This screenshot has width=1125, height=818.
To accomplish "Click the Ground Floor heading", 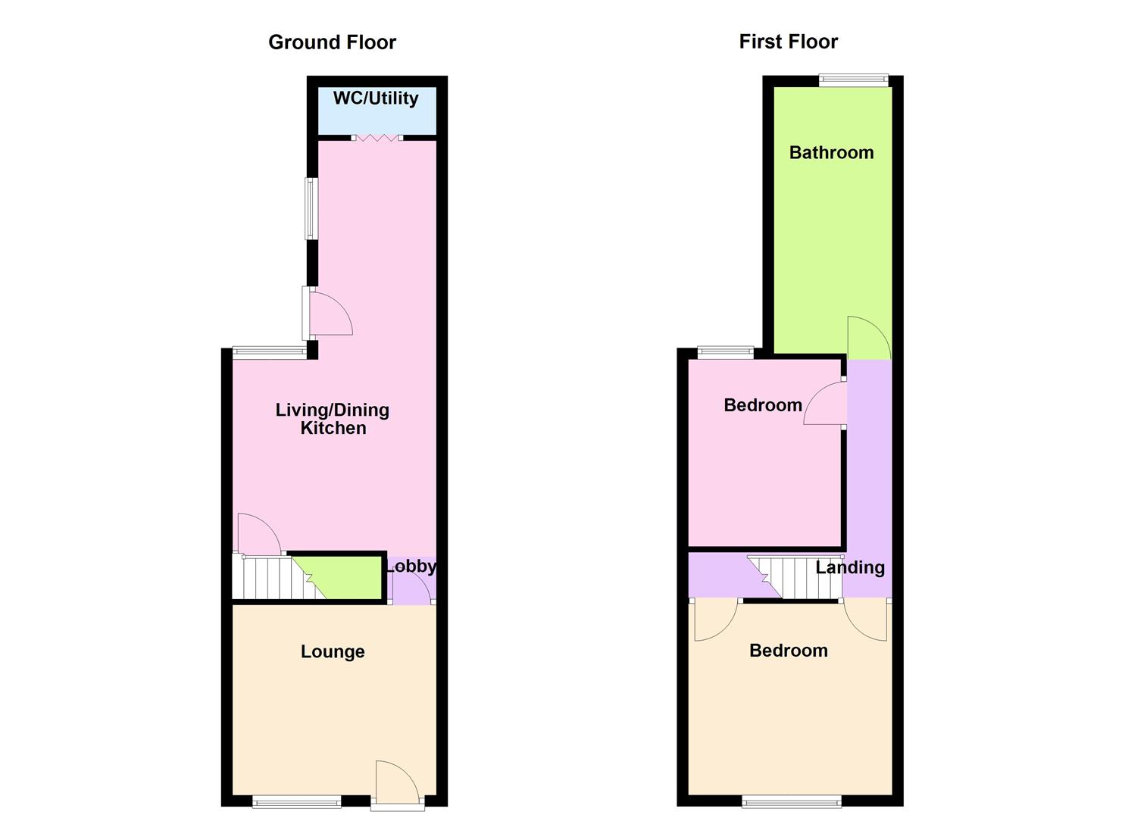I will (332, 42).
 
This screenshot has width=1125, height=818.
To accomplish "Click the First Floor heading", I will (788, 42).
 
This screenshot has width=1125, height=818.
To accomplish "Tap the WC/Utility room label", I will (376, 98).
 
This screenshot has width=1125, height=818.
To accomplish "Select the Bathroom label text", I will (831, 152).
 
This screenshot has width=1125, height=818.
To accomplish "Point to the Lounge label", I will (333, 651).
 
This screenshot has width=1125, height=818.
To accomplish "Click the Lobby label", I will (411, 566).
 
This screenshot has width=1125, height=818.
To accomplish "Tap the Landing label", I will (850, 567).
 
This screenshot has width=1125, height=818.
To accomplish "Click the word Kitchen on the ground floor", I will (333, 428).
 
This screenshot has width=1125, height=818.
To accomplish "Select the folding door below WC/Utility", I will (377, 138).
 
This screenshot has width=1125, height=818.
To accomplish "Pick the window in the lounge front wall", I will (296, 801).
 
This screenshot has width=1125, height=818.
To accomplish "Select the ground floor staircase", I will (273, 578).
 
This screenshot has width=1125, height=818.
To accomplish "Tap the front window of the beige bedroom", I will (791, 801).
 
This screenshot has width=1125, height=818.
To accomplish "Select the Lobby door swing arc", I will (414, 587).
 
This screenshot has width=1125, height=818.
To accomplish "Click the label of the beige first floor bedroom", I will (788, 651).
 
